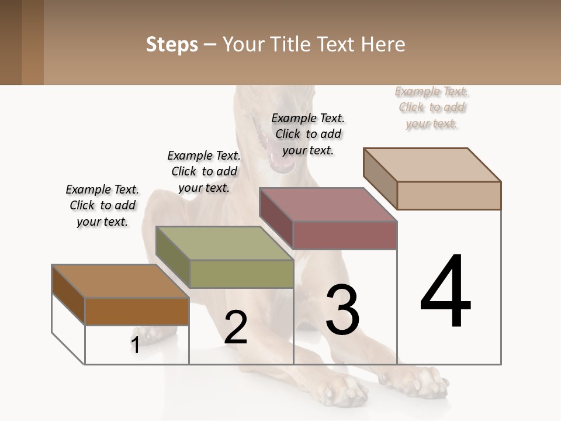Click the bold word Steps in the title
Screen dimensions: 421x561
coord(172,44)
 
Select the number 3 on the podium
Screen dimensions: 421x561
coord(342,310)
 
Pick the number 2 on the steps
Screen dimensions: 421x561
coord(236,327)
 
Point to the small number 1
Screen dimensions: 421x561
coord(135,345)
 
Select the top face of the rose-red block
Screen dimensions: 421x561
coord(327,205)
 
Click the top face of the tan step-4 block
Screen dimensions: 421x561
coord(432,165)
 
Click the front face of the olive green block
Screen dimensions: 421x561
coord(241,274)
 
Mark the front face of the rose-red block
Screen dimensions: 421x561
coord(345,236)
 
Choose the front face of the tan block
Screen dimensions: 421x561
coord(449,195)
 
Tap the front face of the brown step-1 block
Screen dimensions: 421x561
coord(137,311)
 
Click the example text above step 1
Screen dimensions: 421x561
coord(102,205)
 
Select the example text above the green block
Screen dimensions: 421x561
coord(204,171)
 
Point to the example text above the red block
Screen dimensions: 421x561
coord(308,134)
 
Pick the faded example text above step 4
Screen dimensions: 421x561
coord(432,107)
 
